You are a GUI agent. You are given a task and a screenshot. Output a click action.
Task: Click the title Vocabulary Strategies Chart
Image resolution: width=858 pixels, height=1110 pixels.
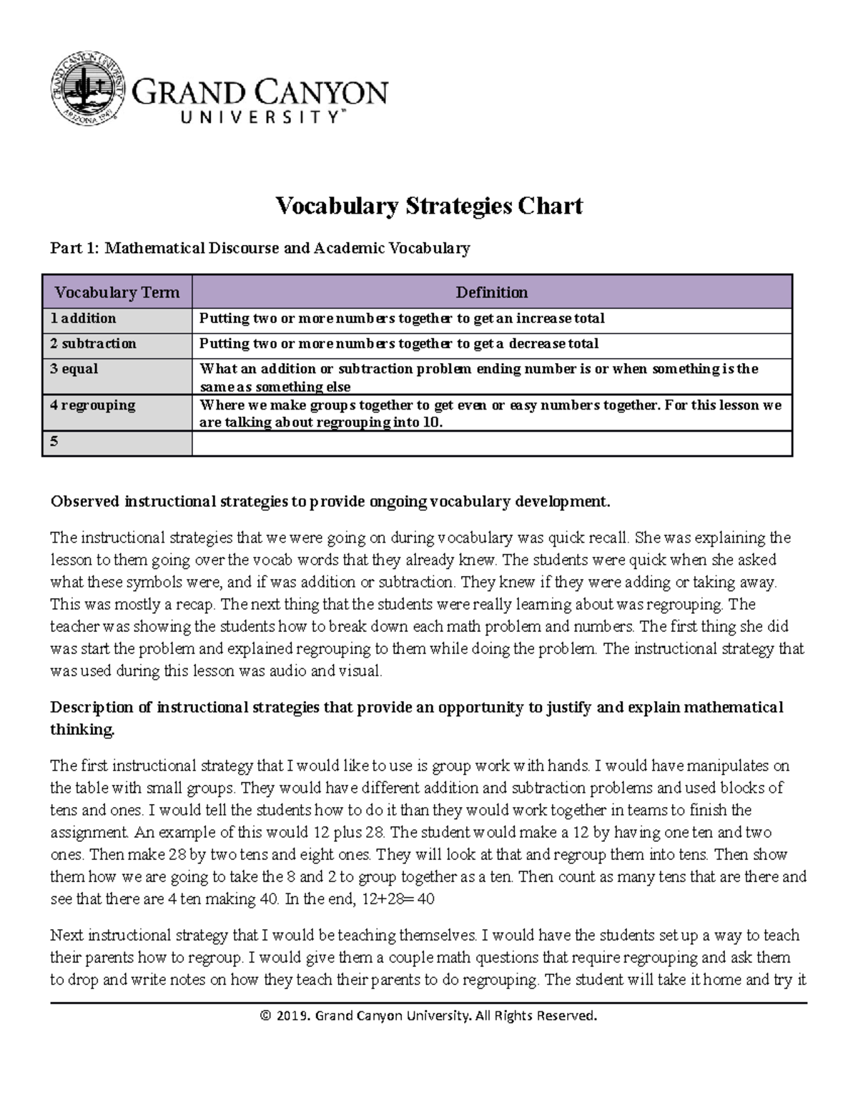pos(429,206)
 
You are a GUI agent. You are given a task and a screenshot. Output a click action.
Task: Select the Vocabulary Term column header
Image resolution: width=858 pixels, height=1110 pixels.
pos(117,292)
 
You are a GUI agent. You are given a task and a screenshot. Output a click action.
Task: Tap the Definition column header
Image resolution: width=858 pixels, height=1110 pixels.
pos(491,292)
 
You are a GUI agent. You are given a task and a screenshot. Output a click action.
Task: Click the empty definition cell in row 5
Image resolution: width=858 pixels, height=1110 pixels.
pos(491,442)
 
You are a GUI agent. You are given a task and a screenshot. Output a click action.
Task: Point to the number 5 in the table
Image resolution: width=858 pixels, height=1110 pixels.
pos(54,442)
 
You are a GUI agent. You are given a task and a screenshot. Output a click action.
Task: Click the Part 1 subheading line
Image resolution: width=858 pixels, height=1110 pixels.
pos(260,248)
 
